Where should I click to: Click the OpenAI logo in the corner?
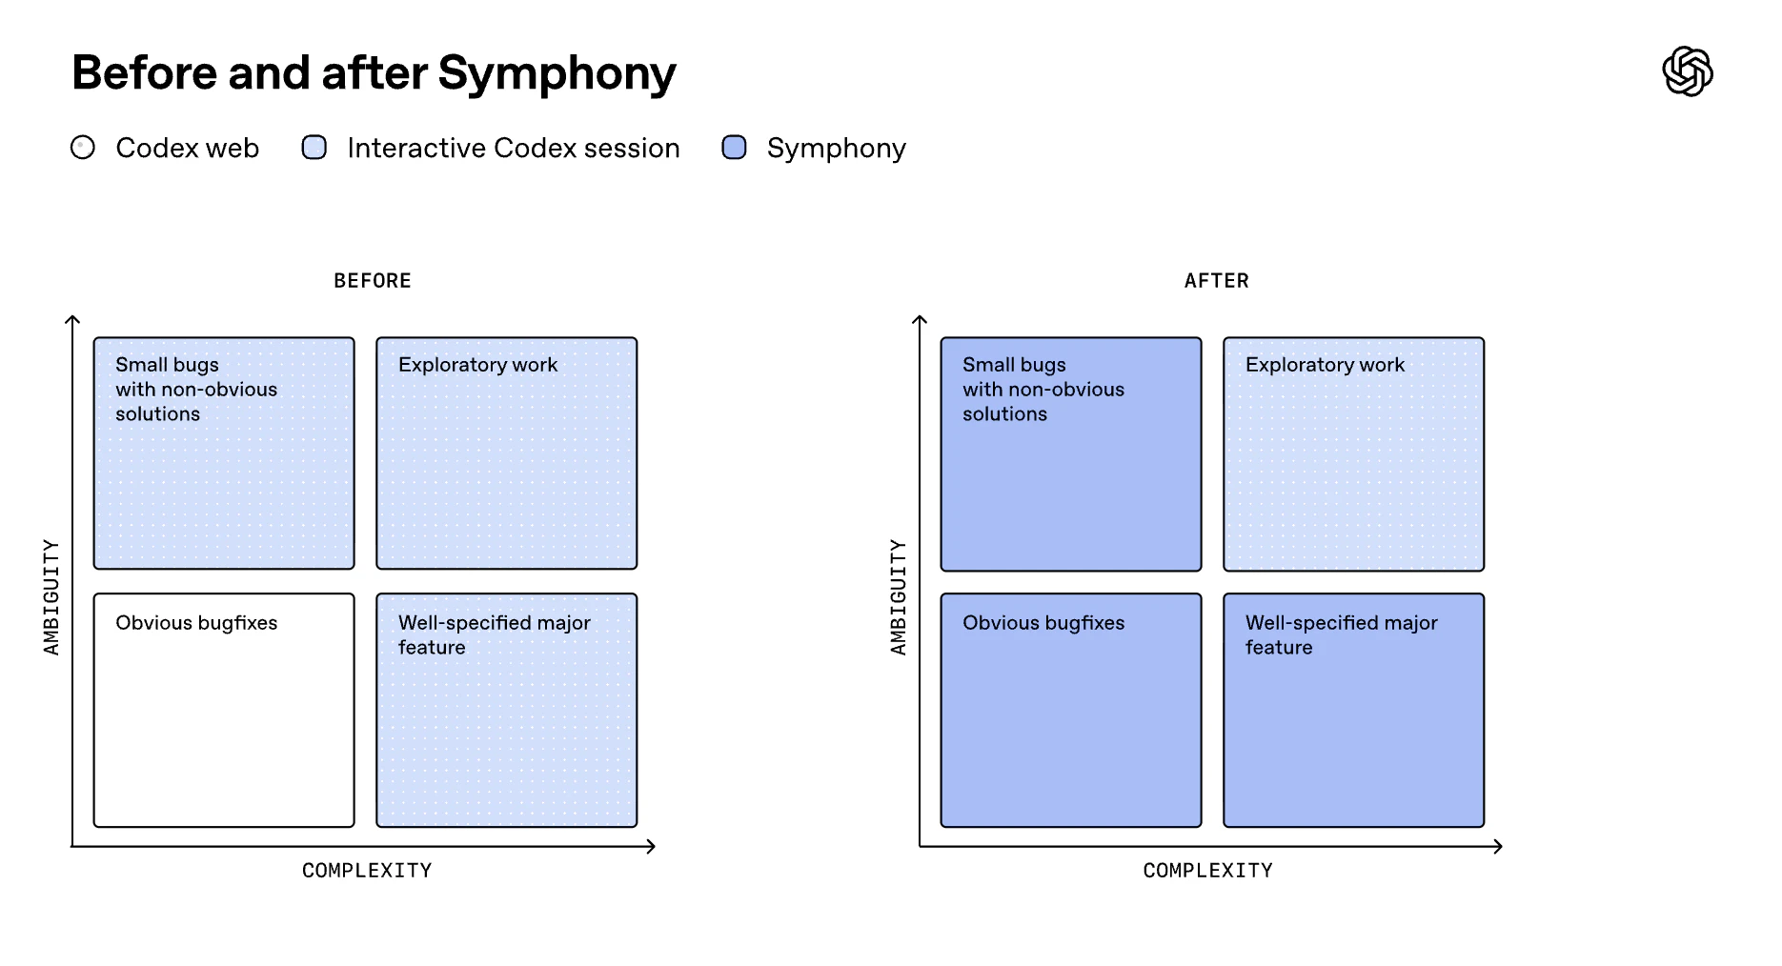point(1687,71)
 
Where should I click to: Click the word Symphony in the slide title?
point(557,73)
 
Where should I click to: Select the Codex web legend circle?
point(83,148)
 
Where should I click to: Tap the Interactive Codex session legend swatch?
point(314,148)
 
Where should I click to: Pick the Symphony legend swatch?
point(734,148)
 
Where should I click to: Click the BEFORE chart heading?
point(373,281)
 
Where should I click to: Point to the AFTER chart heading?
point(1216,281)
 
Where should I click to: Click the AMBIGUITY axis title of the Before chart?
point(51,597)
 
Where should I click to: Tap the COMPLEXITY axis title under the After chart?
point(1207,871)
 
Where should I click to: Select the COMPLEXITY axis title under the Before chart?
point(367,871)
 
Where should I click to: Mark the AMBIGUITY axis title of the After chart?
point(899,597)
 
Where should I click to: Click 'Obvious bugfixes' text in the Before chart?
point(196,623)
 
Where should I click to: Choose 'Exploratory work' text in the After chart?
point(1325,365)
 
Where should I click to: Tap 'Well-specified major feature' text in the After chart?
point(1341,634)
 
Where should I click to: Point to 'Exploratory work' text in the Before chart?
point(477,365)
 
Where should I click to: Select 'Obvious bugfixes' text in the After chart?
point(1043,623)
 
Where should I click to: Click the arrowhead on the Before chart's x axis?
point(651,846)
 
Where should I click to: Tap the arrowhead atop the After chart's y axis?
point(920,321)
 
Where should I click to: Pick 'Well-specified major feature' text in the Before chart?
point(494,634)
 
